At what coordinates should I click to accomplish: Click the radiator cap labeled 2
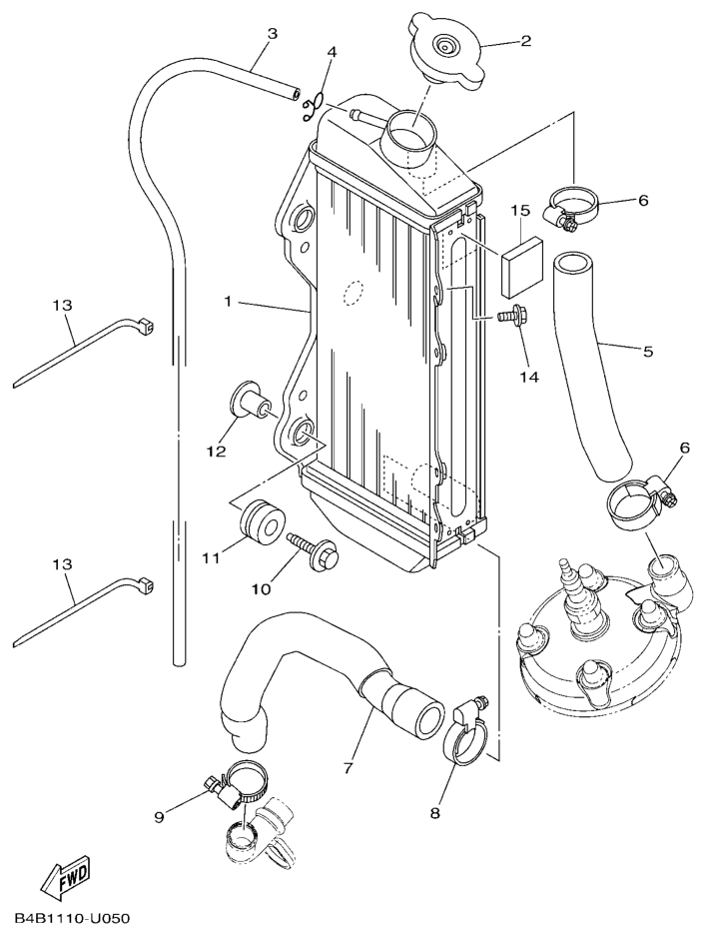point(445,51)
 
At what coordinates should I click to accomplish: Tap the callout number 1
point(228,301)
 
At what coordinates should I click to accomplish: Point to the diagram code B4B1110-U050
point(72,918)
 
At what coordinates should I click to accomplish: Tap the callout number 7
point(349,768)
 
